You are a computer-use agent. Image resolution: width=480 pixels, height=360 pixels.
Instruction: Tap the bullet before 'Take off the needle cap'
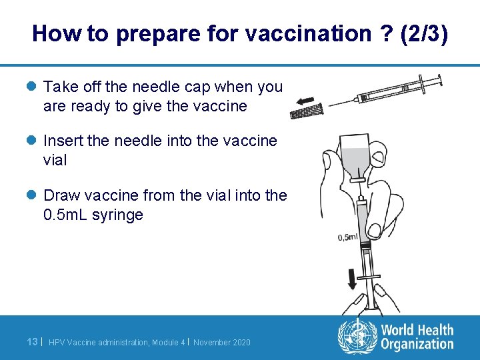(x=32, y=87)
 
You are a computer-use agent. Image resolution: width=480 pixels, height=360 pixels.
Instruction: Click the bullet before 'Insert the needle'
(x=32, y=141)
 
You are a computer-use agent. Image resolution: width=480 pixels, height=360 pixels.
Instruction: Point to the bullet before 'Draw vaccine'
(x=32, y=196)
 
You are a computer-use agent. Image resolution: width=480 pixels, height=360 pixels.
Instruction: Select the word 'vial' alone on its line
(x=55, y=161)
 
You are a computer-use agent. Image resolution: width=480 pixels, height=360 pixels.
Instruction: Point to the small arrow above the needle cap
(x=306, y=101)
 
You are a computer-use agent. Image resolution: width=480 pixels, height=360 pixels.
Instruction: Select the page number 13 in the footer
(x=31, y=342)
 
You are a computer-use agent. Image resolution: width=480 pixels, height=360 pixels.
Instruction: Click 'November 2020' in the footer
(x=222, y=343)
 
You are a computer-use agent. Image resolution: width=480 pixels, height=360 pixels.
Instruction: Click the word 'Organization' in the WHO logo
(x=417, y=344)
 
